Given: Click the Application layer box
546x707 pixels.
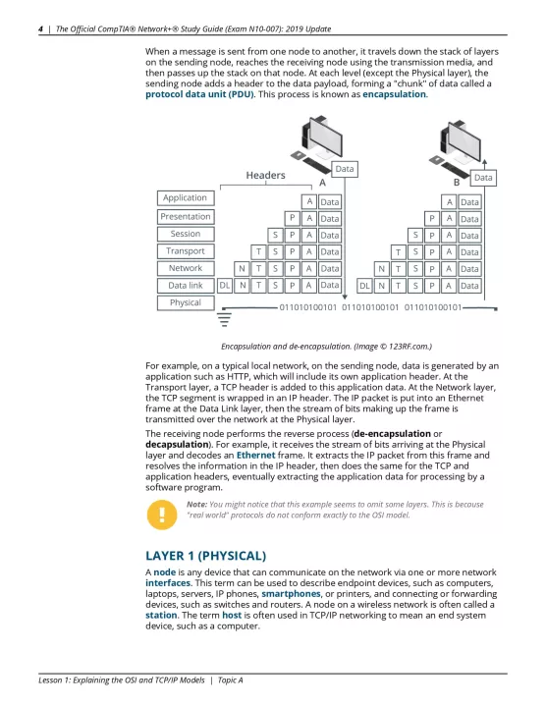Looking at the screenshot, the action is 186,198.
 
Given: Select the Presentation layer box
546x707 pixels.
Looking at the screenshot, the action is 186,216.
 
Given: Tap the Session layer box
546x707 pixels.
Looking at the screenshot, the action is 186,234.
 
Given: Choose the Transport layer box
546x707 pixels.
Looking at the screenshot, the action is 186,250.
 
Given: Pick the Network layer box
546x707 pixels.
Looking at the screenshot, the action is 186,268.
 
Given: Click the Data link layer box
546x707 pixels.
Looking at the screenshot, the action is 186,286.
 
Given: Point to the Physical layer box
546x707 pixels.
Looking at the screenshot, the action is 186,302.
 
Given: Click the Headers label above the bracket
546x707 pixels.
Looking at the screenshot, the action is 265,175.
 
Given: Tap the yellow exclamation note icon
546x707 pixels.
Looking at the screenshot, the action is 162,515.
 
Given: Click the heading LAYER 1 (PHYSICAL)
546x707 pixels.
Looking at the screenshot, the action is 205,556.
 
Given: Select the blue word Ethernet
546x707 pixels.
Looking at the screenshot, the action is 255,455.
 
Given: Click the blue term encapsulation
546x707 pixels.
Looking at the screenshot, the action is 394,94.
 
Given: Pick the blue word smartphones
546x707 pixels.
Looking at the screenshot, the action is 291,594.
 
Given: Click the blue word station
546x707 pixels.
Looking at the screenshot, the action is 161,615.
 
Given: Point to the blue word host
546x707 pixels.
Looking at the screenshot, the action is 232,615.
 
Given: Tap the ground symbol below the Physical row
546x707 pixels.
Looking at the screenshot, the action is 224,318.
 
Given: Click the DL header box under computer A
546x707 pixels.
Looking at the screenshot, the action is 225,286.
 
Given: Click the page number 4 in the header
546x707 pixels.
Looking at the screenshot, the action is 40,29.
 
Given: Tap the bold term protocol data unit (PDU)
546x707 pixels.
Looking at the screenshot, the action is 199,94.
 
